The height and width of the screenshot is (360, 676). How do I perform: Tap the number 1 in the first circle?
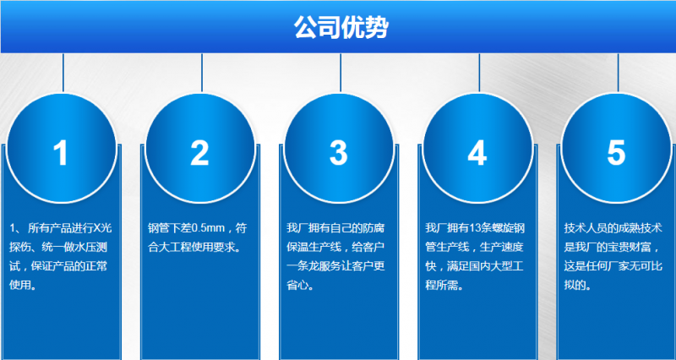click(x=61, y=153)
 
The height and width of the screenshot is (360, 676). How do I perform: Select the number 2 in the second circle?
click(x=199, y=153)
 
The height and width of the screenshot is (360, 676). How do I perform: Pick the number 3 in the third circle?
click(x=338, y=153)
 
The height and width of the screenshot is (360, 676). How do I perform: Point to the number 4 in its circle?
click(x=477, y=153)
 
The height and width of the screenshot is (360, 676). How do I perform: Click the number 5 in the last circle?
click(x=616, y=153)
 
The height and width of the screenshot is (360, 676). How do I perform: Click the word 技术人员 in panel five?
click(x=584, y=228)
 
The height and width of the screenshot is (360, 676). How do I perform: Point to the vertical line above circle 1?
click(x=63, y=72)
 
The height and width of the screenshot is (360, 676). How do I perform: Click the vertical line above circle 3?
click(x=341, y=72)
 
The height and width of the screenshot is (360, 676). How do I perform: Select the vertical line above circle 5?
click(x=618, y=72)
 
